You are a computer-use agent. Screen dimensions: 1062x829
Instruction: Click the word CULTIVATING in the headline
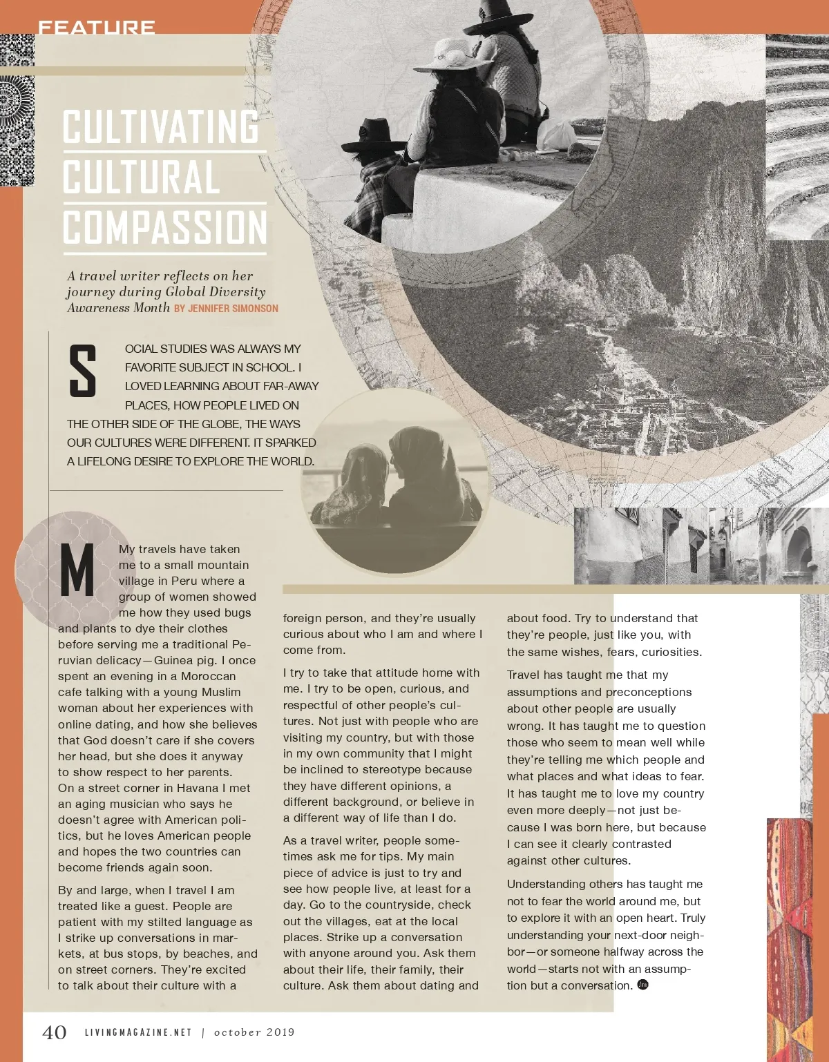pyautogui.click(x=161, y=126)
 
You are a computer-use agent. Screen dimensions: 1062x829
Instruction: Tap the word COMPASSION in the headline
pyautogui.click(x=165, y=227)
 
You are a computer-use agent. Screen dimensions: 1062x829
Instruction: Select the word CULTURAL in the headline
pyautogui.click(x=142, y=177)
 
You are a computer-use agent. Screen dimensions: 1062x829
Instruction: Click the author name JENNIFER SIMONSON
pyautogui.click(x=233, y=309)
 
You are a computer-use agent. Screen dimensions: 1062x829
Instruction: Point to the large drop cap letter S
pyautogui.click(x=82, y=372)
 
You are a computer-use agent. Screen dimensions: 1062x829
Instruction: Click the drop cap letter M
pyautogui.click(x=77, y=570)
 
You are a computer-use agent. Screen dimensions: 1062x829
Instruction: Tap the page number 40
pyautogui.click(x=55, y=1032)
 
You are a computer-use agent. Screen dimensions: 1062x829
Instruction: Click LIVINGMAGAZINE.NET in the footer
pyautogui.click(x=138, y=1032)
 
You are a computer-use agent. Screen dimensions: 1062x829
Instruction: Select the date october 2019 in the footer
pyautogui.click(x=254, y=1032)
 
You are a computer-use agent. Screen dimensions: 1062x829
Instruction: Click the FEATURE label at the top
pyautogui.click(x=96, y=28)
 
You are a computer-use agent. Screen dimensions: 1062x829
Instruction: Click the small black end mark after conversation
pyautogui.click(x=642, y=985)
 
